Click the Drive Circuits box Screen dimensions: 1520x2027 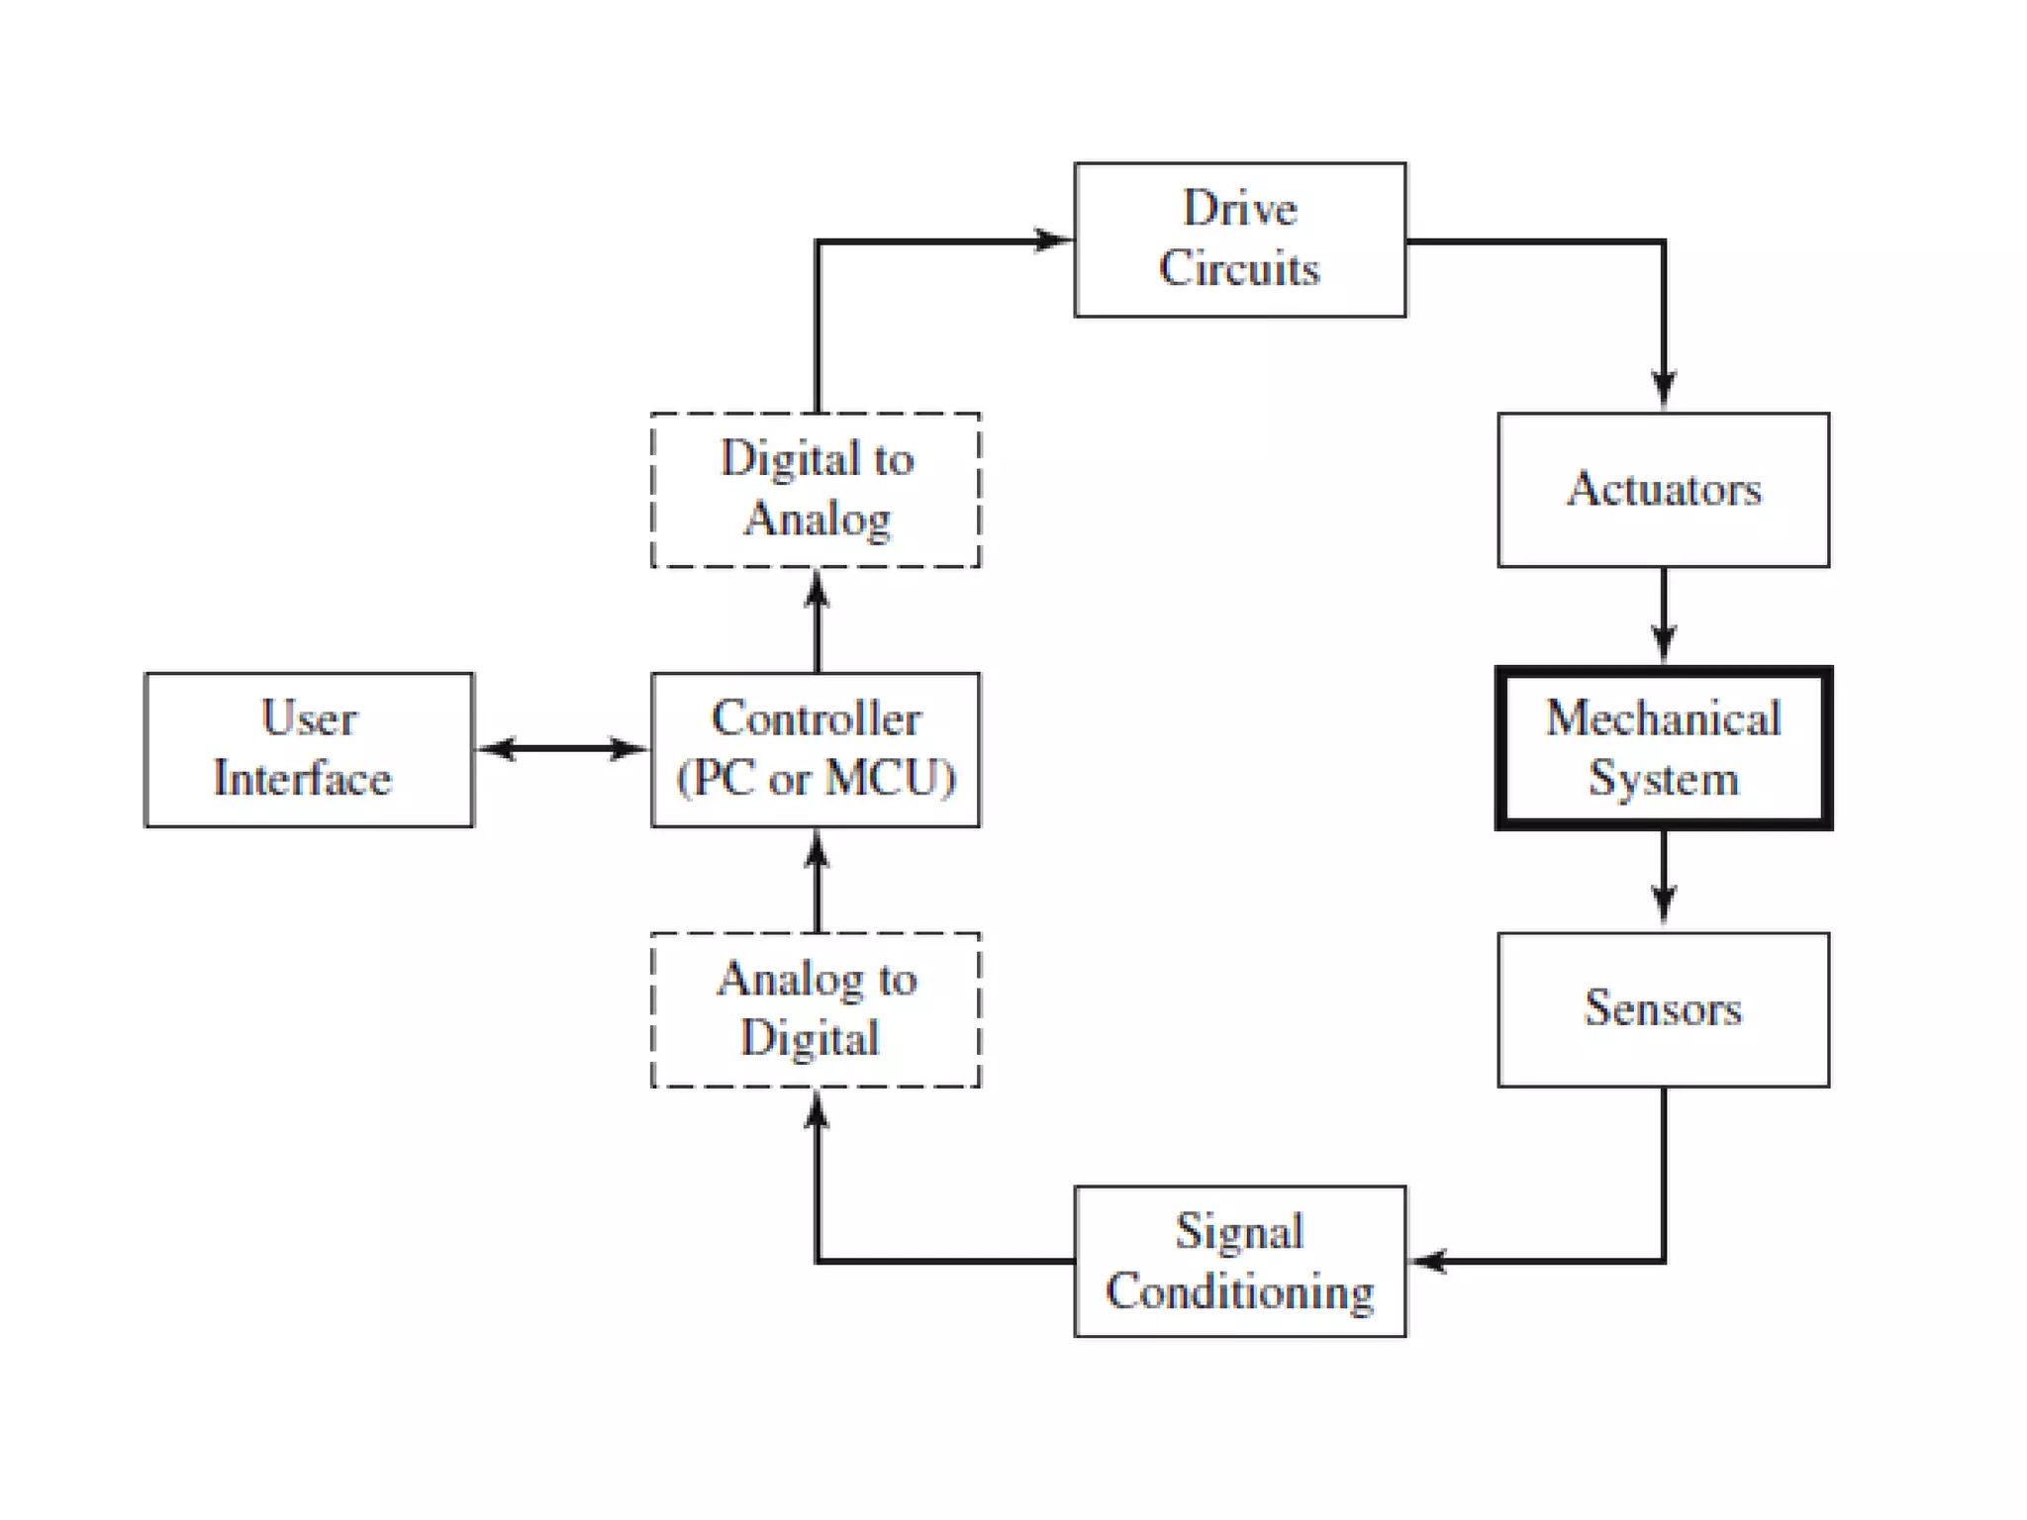coord(1239,239)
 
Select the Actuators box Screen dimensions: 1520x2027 coord(1663,490)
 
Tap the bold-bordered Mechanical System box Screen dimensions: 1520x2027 coord(1663,748)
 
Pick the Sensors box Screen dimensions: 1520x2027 coord(1663,1009)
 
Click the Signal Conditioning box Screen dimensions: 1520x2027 coord(1239,1261)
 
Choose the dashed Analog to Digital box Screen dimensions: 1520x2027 coord(816,1009)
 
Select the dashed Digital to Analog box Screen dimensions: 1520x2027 coord(816,490)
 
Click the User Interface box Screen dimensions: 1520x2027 coord(309,749)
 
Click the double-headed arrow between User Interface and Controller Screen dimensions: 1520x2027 coord(562,748)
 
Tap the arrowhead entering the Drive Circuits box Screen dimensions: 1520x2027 coord(1051,239)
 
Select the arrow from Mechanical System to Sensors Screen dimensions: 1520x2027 coord(1663,877)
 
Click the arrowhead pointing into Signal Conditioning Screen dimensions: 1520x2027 coord(1429,1261)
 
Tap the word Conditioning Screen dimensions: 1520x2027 coord(1239,1291)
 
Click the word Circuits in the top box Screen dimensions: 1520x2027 coord(1239,269)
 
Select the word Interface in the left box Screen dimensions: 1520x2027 coord(302,778)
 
